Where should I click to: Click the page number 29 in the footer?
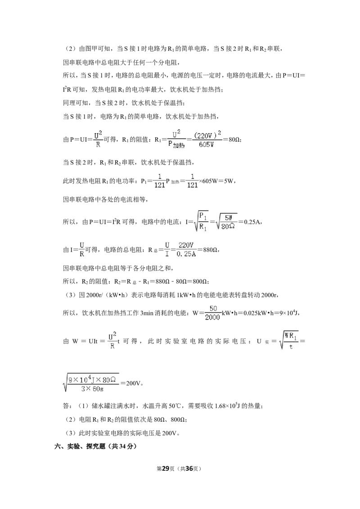coord(166,469)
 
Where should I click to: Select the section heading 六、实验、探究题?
coord(80,446)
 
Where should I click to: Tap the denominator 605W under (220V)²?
coord(207,145)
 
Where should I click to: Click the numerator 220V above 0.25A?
coord(186,245)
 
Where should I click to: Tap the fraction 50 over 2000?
coord(213,313)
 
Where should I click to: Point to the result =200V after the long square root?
coord(132,383)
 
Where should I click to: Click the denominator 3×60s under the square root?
coord(93,388)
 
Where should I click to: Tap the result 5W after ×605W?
coord(229,181)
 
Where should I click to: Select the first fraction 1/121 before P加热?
coord(160,181)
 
